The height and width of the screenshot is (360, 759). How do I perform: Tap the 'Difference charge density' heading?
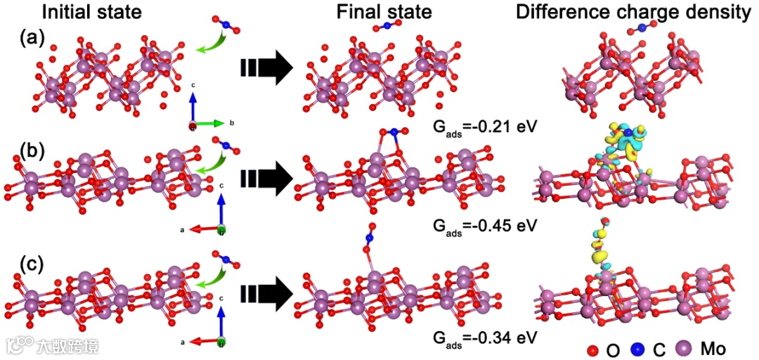[632, 12]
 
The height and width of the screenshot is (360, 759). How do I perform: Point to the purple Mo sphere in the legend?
[682, 347]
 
